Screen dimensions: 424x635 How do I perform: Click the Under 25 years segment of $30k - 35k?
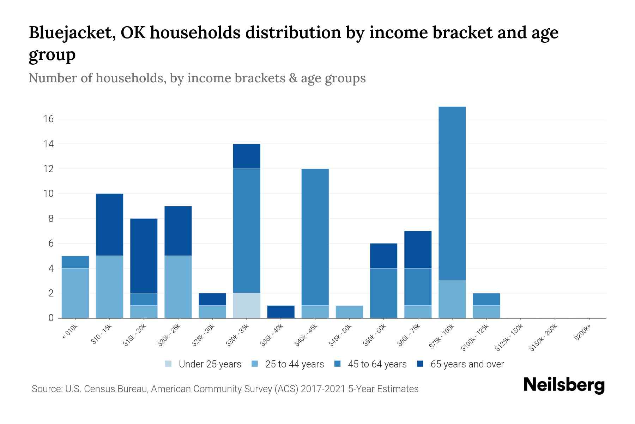247,306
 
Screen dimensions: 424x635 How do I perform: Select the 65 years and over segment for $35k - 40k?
281,312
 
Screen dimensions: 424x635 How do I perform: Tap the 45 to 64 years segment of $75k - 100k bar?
452,194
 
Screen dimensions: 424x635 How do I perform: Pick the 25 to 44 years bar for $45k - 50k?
349,312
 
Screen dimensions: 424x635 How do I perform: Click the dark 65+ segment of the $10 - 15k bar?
110,225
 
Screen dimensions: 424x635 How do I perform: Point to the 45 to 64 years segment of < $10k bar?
75,262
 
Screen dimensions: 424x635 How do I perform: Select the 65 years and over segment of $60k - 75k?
418,249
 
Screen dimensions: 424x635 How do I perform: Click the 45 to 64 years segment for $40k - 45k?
315,237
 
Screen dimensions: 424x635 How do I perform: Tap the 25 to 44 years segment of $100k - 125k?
486,312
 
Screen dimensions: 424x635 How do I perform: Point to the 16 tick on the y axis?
49,119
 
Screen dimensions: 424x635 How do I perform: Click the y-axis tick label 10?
49,194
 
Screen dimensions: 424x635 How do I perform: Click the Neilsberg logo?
564,385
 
